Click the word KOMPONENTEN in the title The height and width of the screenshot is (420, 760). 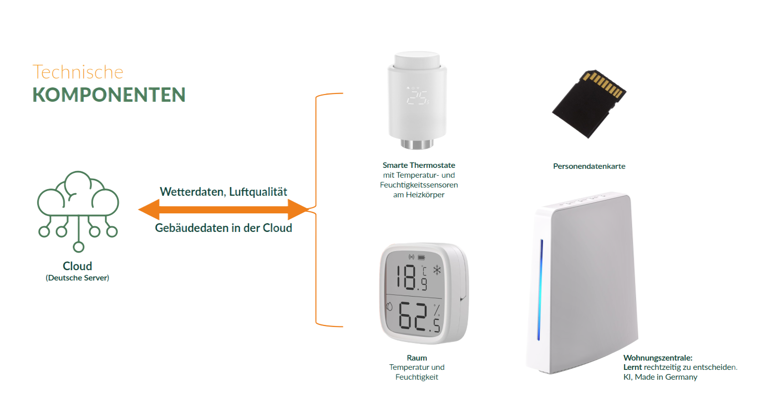[108, 95]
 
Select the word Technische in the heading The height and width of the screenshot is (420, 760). [78, 72]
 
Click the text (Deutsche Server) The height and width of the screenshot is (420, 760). [77, 278]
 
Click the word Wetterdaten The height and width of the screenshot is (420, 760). [192, 192]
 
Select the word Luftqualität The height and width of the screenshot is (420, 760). [258, 192]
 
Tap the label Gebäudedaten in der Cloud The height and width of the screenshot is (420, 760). [223, 228]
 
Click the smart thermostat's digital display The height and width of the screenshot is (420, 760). [417, 97]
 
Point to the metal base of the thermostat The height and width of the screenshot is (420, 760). [416, 144]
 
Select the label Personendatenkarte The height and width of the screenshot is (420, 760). [589, 166]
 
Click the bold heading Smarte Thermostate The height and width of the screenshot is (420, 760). [418, 165]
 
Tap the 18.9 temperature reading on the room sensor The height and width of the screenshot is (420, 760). [411, 277]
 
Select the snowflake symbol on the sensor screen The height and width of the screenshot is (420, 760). [437, 270]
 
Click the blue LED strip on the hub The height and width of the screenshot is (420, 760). [539, 289]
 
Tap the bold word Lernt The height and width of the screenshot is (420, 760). [632, 367]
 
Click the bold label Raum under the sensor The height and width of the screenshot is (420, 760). [416, 358]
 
